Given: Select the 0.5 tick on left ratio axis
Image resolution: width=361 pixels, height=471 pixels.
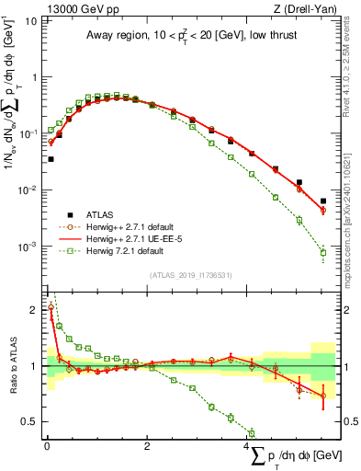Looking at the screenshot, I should (32, 421).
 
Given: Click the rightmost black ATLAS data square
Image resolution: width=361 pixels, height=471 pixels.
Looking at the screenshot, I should (322, 201).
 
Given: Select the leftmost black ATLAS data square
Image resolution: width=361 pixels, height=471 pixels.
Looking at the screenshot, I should (51, 159).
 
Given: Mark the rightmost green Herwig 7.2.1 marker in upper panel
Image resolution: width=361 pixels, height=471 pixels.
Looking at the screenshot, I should (322, 252).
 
